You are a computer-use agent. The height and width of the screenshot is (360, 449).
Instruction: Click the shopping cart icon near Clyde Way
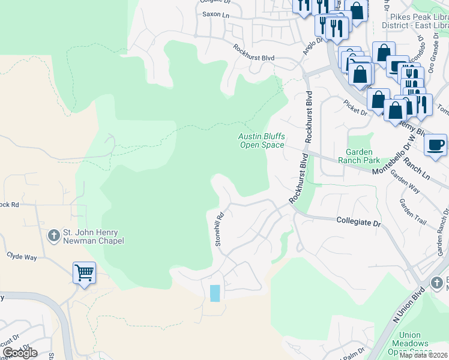coord(85,274)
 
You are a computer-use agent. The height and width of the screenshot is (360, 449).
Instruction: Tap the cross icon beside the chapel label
coord(53,236)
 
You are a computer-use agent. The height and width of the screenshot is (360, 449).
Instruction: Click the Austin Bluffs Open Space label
coord(261,140)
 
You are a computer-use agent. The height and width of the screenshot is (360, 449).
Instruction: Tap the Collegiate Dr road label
coord(358,223)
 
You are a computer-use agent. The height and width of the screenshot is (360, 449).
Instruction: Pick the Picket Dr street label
coord(355,110)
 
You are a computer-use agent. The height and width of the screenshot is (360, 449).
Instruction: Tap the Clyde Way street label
coord(22,256)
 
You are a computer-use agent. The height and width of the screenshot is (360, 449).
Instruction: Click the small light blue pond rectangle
coord(215,293)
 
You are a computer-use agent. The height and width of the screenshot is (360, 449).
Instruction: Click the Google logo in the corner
coord(20,353)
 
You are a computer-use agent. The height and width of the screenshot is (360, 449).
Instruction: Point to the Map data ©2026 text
coord(423,355)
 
